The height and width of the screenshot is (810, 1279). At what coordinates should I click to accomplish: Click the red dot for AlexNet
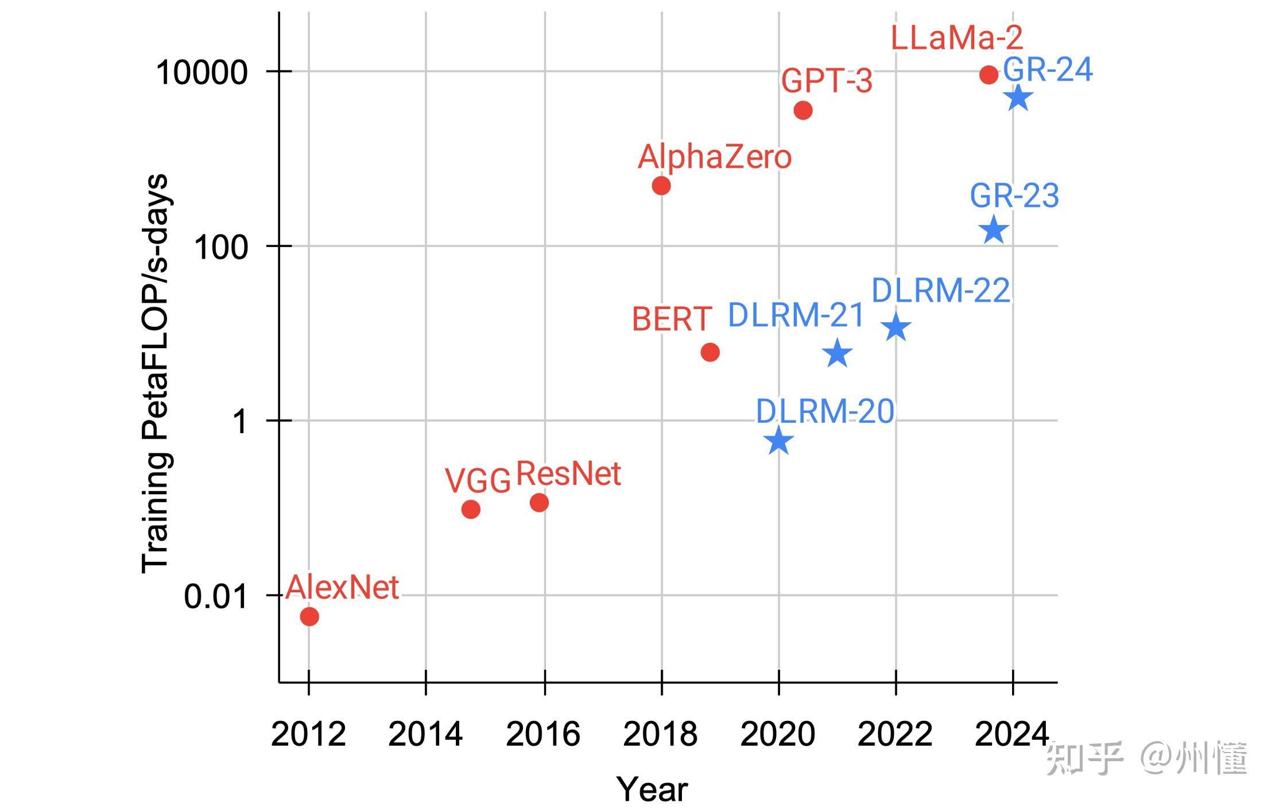[309, 616]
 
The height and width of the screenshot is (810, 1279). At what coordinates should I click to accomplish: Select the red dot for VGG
[471, 509]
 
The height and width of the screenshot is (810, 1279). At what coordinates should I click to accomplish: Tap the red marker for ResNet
[539, 503]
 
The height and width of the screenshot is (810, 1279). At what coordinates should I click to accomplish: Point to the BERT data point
[710, 352]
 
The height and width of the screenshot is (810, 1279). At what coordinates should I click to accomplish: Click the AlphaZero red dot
[661, 186]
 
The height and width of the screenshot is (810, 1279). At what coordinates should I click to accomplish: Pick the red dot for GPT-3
[803, 110]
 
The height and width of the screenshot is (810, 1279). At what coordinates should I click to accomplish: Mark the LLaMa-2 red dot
[989, 75]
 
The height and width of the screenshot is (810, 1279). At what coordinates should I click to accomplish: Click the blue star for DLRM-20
[779, 441]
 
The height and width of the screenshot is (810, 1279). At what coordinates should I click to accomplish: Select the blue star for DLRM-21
[837, 353]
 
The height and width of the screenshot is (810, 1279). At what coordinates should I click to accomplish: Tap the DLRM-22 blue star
[896, 327]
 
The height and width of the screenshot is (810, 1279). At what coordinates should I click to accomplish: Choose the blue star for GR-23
[994, 230]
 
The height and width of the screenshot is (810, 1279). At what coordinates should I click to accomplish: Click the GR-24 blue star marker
[1018, 98]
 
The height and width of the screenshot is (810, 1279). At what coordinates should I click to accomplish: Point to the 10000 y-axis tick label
[201, 73]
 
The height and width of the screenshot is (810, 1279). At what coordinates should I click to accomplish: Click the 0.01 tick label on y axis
[215, 597]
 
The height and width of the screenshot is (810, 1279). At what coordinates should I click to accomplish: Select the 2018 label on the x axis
[660, 734]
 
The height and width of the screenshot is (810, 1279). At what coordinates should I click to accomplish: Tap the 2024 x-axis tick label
[1011, 734]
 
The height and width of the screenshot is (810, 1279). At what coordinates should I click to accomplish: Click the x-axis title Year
[652, 789]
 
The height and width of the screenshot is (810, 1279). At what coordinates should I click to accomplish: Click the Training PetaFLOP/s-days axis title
[155, 373]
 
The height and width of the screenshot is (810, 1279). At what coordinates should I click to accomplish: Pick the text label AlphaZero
[715, 157]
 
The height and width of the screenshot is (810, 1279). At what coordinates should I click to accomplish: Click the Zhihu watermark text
[1146, 758]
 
